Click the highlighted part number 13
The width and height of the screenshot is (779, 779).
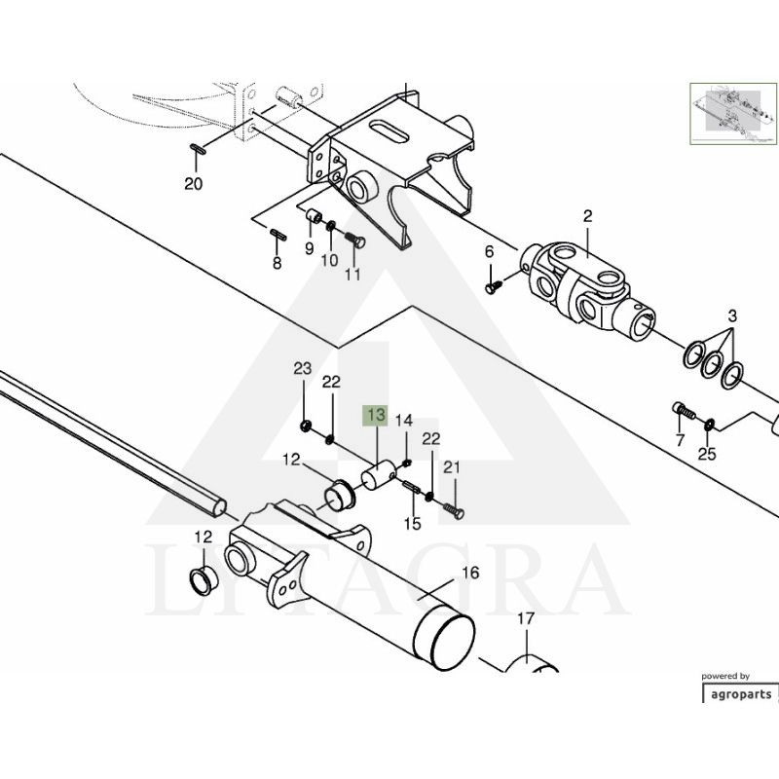pyautogui.click(x=376, y=415)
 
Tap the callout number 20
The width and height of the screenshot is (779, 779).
pyautogui.click(x=194, y=184)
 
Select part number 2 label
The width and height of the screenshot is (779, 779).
pyautogui.click(x=588, y=216)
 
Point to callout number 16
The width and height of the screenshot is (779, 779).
pyautogui.click(x=470, y=573)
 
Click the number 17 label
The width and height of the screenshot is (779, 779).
pyautogui.click(x=526, y=618)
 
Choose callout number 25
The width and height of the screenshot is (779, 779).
pyautogui.click(x=707, y=454)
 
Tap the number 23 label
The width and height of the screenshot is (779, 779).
pyautogui.click(x=303, y=368)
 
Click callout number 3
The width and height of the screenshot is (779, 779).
pyautogui.click(x=733, y=315)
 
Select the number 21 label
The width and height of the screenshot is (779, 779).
pyautogui.click(x=452, y=467)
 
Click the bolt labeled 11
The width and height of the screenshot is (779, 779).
pyautogui.click(x=354, y=241)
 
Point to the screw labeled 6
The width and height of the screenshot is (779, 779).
pyautogui.click(x=494, y=287)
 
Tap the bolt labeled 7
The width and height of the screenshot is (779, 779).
pyautogui.click(x=684, y=410)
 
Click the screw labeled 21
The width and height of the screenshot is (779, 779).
pyautogui.click(x=453, y=510)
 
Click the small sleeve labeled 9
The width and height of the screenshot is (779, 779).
pyautogui.click(x=313, y=215)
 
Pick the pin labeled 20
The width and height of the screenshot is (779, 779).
pyautogui.click(x=199, y=149)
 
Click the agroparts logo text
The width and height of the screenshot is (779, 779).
pyautogui.click(x=741, y=694)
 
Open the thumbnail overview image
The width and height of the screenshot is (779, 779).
pyautogui.click(x=733, y=114)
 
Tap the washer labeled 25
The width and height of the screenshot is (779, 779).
pyautogui.click(x=709, y=424)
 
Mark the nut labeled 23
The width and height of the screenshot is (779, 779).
pyautogui.click(x=306, y=425)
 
